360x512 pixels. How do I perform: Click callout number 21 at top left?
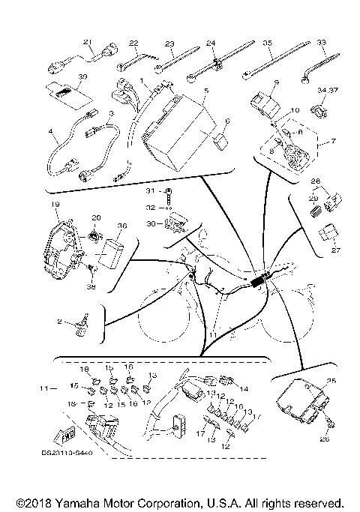(x=87, y=41)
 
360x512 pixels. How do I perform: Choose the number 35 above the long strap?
(x=267, y=43)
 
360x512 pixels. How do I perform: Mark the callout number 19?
(x=55, y=204)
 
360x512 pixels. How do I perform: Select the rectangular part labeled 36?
(x=115, y=252)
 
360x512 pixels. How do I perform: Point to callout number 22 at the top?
(x=133, y=43)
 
